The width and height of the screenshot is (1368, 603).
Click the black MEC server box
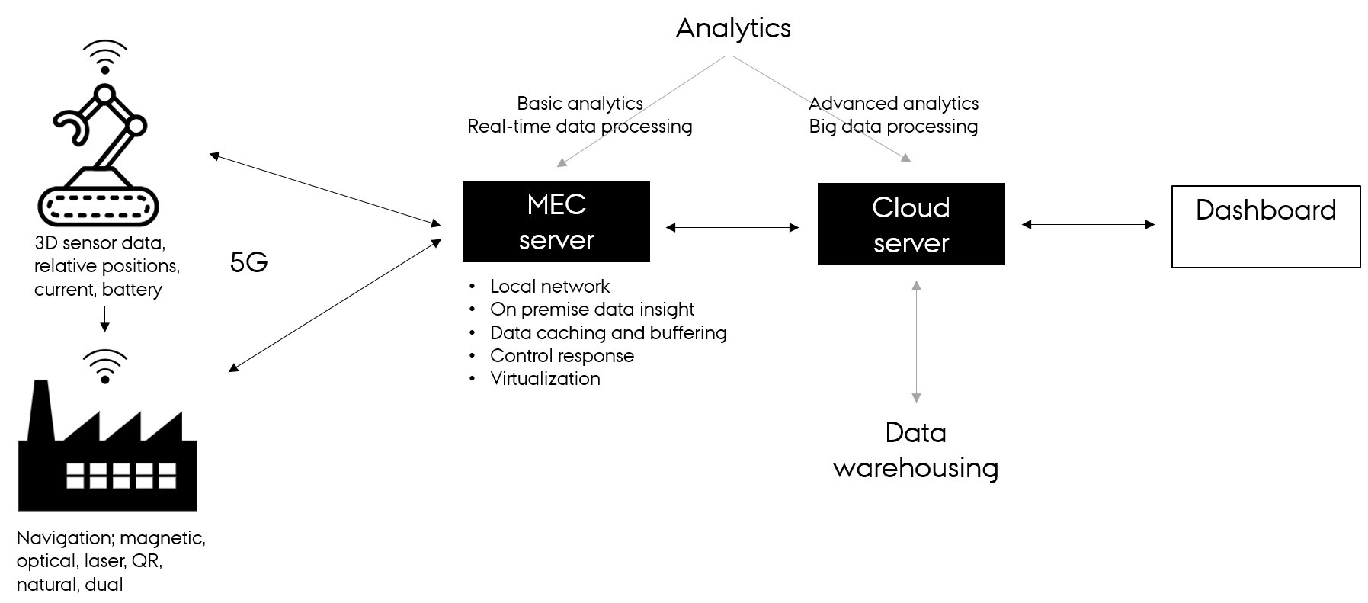coord(556,221)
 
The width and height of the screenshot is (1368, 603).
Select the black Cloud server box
coord(911,224)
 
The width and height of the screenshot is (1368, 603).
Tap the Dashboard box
coord(1265,226)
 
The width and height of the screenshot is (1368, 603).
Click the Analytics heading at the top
coord(733,28)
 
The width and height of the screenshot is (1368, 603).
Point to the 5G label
coord(248,263)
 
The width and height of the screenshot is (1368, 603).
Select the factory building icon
coord(107,450)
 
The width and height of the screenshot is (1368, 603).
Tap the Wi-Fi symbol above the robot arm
coord(105,56)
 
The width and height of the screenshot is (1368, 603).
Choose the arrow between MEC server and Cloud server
coord(732,227)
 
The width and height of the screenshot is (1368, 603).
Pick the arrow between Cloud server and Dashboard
coord(1088,224)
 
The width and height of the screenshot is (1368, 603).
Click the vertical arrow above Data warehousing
coord(916,341)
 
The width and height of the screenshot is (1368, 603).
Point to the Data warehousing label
coord(915,450)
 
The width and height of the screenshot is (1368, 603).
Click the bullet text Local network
coord(549,287)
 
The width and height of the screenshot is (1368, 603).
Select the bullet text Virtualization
coord(545,379)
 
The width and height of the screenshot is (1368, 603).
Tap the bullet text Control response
coord(562,356)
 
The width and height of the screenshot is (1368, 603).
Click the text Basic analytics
coord(579,103)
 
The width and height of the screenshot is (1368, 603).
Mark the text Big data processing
coord(893,127)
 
